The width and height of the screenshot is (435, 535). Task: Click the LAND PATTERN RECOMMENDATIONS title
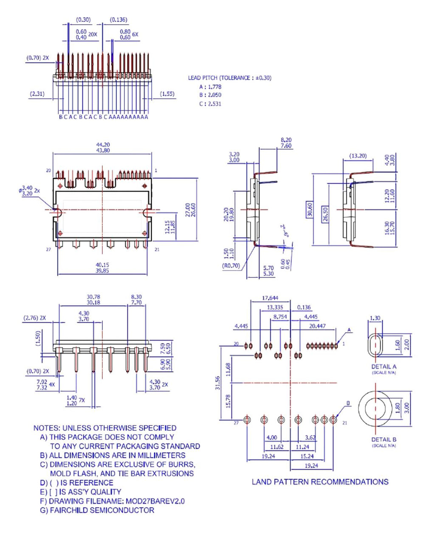[x=320, y=482]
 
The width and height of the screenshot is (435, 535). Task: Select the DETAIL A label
[x=384, y=366]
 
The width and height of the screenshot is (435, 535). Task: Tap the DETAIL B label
[x=384, y=439]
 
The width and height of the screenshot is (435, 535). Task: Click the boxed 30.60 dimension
[x=310, y=210]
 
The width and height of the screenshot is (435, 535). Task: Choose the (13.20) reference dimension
[x=358, y=156]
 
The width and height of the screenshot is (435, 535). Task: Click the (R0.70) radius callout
[x=231, y=266]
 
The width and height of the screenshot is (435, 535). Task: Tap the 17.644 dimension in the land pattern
[x=270, y=298]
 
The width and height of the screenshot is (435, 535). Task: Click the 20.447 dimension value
[x=317, y=326]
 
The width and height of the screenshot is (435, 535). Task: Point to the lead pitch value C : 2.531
[x=210, y=104]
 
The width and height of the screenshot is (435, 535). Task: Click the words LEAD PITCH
[x=203, y=78]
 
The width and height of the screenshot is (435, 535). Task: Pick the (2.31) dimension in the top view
[x=37, y=94]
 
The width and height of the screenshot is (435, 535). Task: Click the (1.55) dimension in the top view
[x=167, y=94]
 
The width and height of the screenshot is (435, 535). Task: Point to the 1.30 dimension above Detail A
[x=375, y=318]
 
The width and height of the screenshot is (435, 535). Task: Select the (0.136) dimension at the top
[x=119, y=20]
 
